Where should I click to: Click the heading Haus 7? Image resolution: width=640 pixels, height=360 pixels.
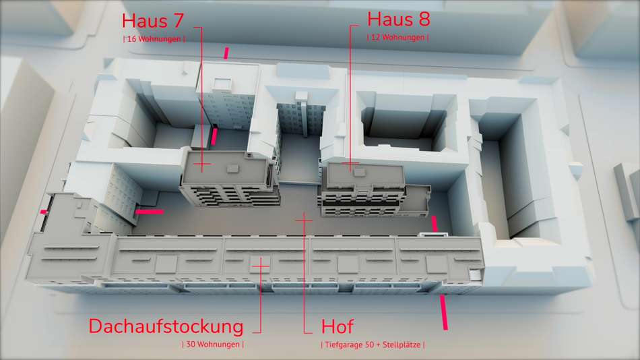153,21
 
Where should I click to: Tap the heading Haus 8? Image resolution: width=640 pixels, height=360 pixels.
399,19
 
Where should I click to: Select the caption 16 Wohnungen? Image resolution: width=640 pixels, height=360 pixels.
154,39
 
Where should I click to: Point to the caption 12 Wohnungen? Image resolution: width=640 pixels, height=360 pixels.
398,37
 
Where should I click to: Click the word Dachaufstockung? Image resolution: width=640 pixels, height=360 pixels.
166,326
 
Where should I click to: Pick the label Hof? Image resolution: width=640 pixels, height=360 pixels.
337,326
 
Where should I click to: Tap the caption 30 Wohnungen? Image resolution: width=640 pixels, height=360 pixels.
213,344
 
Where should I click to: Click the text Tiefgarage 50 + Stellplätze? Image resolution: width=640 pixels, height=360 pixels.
373,345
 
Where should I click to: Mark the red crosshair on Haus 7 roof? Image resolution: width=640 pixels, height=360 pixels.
202,164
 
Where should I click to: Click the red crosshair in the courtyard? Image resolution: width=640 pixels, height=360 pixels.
304,220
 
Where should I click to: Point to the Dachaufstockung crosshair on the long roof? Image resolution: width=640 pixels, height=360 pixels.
261,266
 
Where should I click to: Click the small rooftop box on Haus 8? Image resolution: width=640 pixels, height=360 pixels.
360,173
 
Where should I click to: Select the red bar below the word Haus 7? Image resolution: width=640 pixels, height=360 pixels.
226,53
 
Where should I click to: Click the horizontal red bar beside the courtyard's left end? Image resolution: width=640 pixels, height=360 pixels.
150,212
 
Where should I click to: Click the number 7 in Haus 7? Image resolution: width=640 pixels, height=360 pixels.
179,21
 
